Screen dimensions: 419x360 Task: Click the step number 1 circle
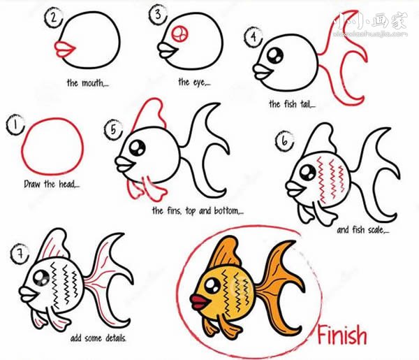click(15, 124)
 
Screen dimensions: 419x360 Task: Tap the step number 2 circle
click(54, 17)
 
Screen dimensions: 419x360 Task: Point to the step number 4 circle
click(253, 36)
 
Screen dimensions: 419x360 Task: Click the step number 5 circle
click(114, 130)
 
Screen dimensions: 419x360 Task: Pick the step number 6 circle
click(284, 141)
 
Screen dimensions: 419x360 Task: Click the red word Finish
click(342, 335)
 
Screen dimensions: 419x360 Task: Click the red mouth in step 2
click(66, 49)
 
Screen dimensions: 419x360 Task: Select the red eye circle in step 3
click(179, 34)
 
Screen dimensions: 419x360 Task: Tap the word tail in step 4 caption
click(307, 104)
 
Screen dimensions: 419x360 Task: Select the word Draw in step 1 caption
click(33, 184)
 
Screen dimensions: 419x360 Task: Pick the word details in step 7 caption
click(115, 338)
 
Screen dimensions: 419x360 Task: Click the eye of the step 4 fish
click(275, 55)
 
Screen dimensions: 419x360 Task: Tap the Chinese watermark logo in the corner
click(371, 24)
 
